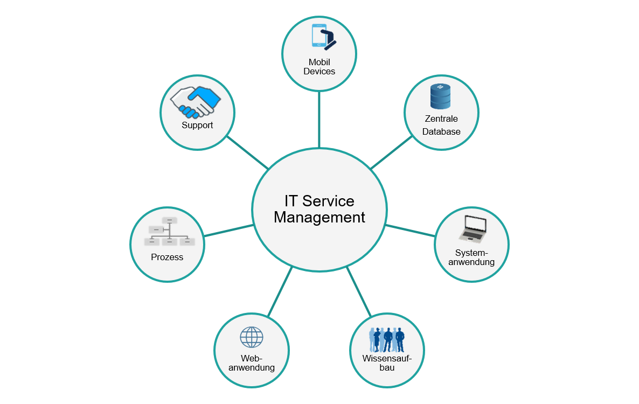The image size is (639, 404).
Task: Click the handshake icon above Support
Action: point(196,102)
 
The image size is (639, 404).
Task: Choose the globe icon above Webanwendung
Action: point(252,337)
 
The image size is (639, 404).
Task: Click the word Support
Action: point(197,125)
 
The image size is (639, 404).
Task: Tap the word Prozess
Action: point(167,257)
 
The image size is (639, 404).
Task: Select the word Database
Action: point(441,131)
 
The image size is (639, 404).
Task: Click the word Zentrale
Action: point(441,119)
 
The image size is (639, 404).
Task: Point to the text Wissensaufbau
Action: point(387,363)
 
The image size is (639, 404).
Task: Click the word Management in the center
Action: point(319,218)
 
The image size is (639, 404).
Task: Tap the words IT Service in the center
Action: point(319,201)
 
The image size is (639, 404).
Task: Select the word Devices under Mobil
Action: point(319,72)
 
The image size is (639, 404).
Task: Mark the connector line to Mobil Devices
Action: point(319,119)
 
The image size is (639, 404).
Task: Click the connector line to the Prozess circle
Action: point(228,231)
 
